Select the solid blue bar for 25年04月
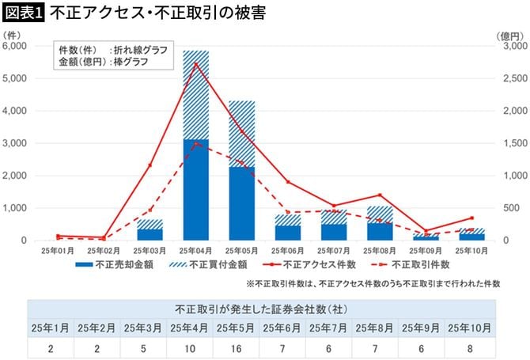tap(195, 190)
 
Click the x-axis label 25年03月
tap(150, 249)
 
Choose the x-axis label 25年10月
tap(472, 249)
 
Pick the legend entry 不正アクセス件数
tap(309, 264)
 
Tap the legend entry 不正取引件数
tap(411, 264)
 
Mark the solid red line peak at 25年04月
tap(195, 64)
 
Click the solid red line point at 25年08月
tap(380, 195)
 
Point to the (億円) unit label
tap(509, 36)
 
